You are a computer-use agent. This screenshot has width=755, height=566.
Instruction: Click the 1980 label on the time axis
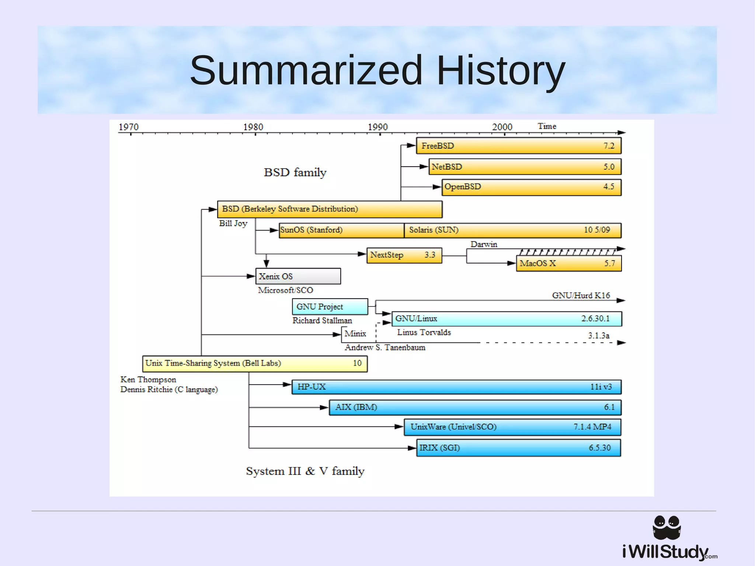253,127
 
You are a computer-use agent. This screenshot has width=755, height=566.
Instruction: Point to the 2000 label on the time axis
502,127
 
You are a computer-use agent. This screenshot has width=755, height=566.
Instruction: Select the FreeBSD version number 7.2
609,146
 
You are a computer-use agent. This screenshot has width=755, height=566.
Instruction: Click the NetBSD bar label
447,167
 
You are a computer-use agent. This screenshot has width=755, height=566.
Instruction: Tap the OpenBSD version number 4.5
609,187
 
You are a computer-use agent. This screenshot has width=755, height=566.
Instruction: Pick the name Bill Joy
233,223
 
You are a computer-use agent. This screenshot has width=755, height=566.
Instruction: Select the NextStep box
404,255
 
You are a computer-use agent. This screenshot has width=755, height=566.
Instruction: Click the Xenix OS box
298,276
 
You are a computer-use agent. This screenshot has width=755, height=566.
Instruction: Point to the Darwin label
484,244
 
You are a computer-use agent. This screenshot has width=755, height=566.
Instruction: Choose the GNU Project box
330,307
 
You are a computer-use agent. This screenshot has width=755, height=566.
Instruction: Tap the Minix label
355,334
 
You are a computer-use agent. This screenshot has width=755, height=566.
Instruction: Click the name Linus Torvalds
424,333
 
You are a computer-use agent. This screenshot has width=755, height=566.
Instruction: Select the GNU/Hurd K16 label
581,295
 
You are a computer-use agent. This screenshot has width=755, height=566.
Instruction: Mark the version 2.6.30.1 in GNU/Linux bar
595,319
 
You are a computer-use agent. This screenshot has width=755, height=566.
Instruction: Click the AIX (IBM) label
356,407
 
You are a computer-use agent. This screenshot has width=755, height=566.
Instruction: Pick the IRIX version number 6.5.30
599,448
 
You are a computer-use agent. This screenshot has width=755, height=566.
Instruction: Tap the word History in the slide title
501,70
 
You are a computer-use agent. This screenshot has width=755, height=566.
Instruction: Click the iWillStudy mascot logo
667,528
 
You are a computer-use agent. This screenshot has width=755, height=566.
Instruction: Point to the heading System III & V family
305,471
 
